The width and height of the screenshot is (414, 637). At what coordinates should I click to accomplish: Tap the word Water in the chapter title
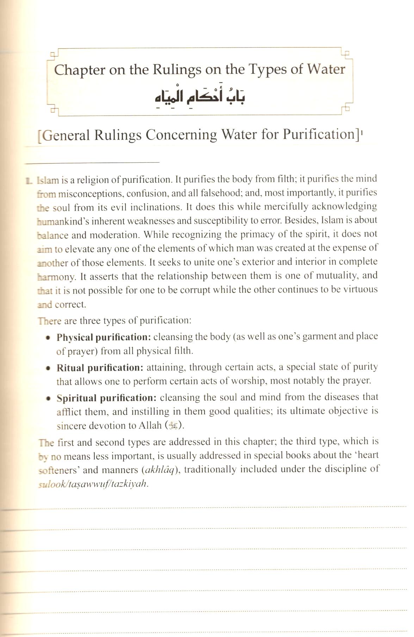326,69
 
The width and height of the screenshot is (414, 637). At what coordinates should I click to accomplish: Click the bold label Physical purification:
104,337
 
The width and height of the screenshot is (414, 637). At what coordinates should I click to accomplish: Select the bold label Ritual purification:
100,368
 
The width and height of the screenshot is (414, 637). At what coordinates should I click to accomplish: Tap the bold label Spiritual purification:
106,398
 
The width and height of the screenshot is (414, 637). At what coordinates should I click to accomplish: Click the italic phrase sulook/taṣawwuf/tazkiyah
93,484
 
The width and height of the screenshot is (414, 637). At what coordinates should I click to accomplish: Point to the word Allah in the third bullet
150,426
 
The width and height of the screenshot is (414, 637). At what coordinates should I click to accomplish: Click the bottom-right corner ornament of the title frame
346,109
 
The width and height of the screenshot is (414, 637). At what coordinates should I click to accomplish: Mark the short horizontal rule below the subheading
92,162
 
